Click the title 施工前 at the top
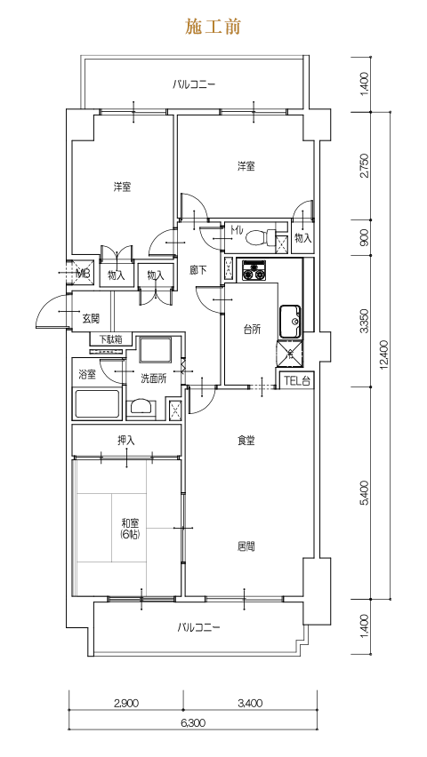[213, 27]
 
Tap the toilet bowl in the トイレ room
[256, 237]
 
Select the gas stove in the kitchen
[254, 270]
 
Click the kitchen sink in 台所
[290, 322]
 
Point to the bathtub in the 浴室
[97, 404]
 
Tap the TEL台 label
[296, 380]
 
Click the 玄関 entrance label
[91, 318]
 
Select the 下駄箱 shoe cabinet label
[110, 339]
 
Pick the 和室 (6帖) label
[130, 529]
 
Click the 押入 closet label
[126, 441]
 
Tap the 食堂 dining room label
[246, 441]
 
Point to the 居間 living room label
[246, 546]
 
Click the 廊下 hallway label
[198, 270]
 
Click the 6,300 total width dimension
[193, 722]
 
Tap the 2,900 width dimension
[126, 703]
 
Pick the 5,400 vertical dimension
[365, 493]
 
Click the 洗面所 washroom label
[153, 379]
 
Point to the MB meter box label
[84, 274]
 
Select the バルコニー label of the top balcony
[194, 85]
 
